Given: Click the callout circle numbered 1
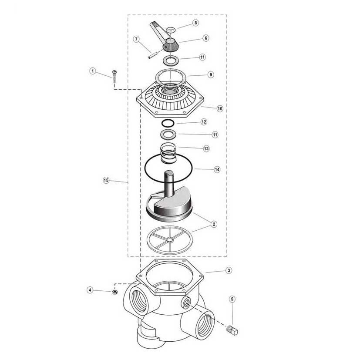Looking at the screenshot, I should (x=92, y=71).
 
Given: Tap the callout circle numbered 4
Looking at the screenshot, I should (x=90, y=289).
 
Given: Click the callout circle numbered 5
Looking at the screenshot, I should (x=232, y=299).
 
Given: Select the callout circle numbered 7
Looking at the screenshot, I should (x=136, y=40).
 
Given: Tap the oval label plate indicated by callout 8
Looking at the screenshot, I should (x=172, y=30).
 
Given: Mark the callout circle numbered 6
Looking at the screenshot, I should (x=206, y=38).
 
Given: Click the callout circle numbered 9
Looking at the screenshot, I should (x=210, y=75).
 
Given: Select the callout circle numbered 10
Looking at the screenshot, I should (x=220, y=108).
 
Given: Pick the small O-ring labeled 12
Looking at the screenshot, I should (x=169, y=123).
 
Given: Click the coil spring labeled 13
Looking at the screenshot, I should (x=169, y=153).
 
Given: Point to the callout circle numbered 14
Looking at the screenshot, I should (x=217, y=170).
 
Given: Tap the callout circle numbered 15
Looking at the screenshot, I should (x=106, y=180).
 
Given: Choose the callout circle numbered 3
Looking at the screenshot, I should (x=229, y=271).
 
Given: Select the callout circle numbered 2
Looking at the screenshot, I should (x=214, y=224).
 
